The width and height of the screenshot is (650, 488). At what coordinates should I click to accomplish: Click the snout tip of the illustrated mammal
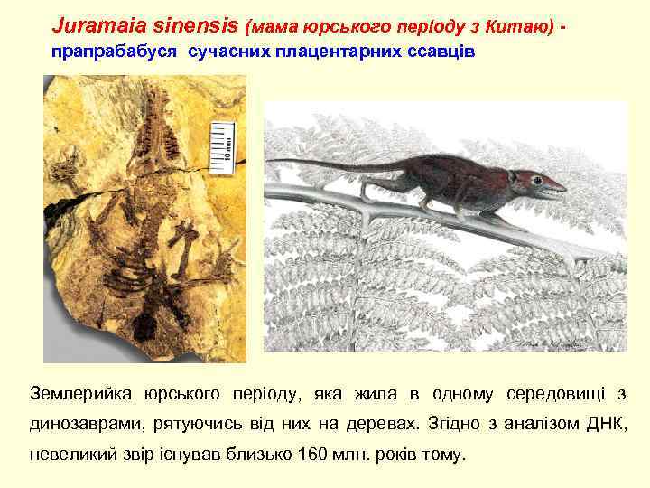pos(564,189)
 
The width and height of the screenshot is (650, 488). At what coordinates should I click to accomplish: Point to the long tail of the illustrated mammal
pos(325,165)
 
